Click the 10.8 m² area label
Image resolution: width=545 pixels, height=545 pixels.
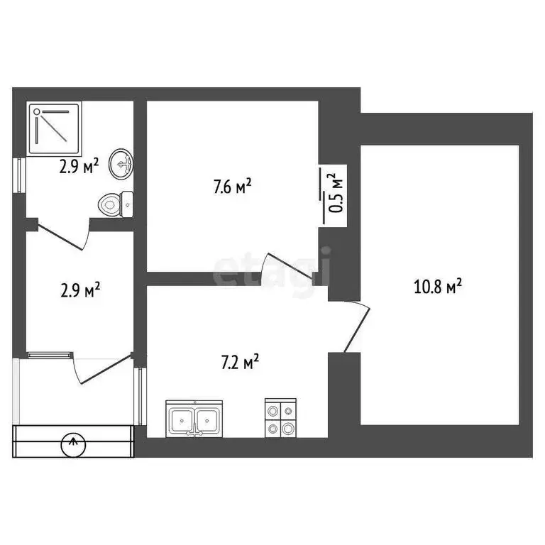[x=438, y=287]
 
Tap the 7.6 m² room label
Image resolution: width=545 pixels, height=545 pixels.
[x=233, y=187]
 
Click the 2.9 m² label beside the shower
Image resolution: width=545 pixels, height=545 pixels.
[x=79, y=167]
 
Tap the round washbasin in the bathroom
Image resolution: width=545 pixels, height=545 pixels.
[x=121, y=165]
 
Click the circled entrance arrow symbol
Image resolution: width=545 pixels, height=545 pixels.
[x=73, y=445]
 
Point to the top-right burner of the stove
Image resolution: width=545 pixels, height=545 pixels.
[x=287, y=409]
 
